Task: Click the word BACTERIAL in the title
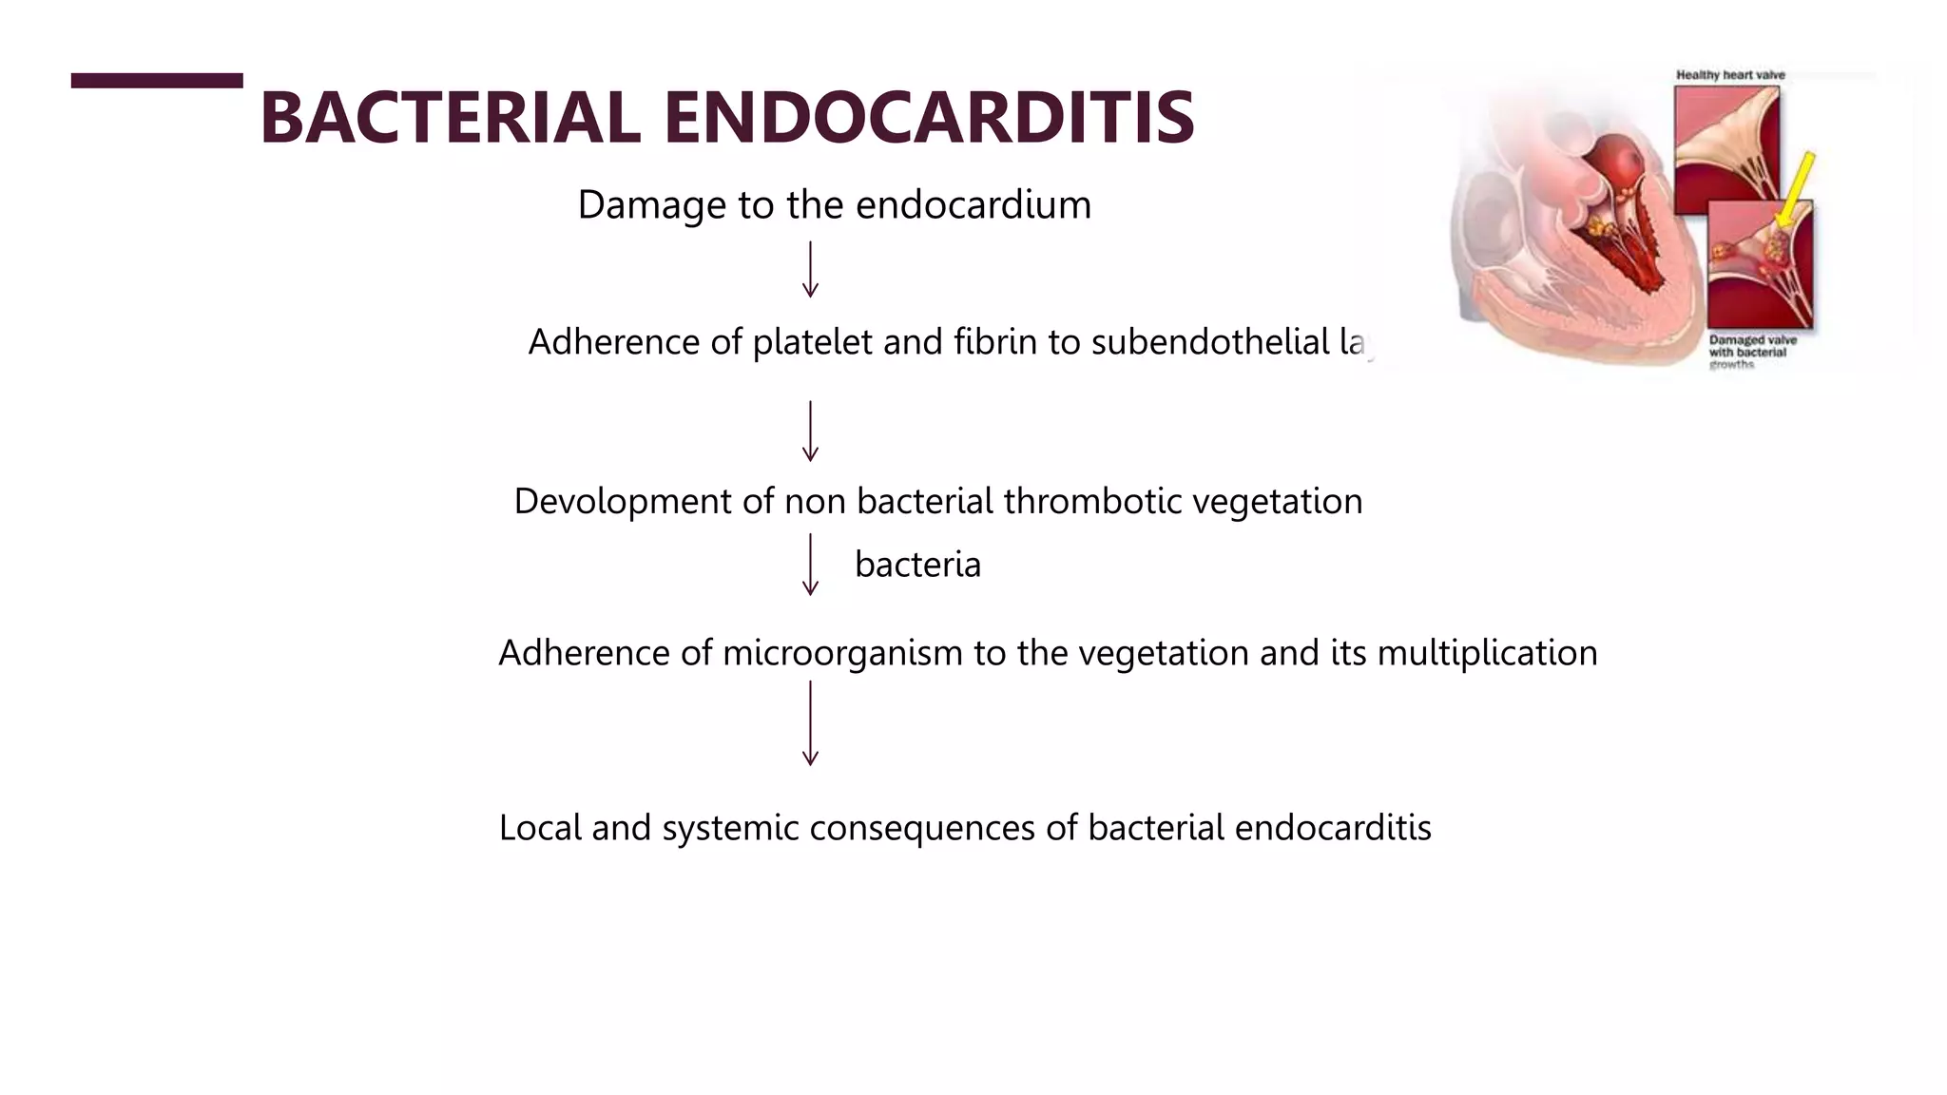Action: (450, 118)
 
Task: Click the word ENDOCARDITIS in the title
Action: (928, 118)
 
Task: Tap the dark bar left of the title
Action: (157, 81)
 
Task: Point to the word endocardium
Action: (973, 205)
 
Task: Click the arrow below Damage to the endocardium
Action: (810, 269)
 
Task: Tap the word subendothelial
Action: (1209, 342)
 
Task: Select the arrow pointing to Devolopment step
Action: (810, 431)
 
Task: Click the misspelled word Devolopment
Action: (623, 501)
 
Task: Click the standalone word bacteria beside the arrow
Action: (917, 565)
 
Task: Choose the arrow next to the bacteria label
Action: (810, 564)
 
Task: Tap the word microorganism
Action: (842, 653)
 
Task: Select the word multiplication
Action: (1487, 653)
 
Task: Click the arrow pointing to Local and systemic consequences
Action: (810, 722)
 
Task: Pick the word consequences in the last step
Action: (922, 828)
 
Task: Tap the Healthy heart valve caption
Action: (1730, 75)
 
